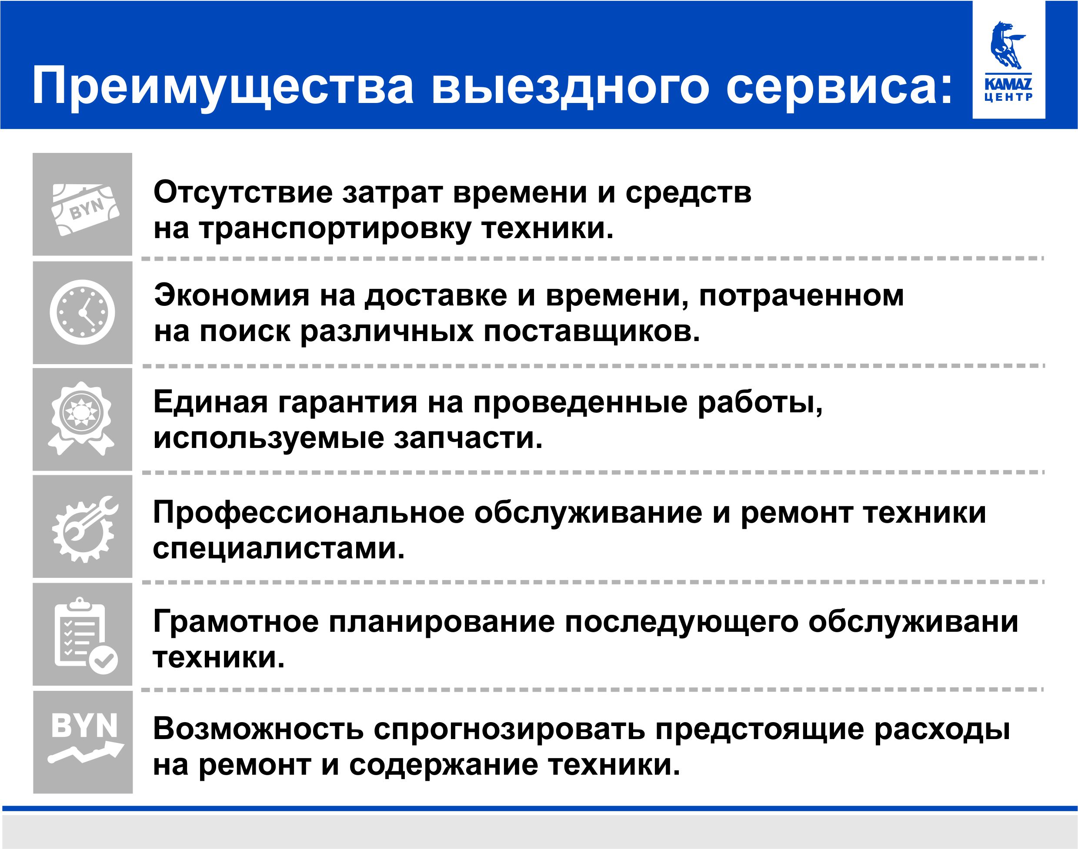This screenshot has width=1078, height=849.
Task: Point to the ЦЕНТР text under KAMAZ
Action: [1008, 97]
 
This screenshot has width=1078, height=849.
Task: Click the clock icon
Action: [83, 312]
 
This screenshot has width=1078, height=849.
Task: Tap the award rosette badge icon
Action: [81, 418]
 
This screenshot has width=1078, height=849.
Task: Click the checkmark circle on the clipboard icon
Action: [104, 660]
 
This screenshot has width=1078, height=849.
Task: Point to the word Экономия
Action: [231, 295]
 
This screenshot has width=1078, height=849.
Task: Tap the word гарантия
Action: [347, 402]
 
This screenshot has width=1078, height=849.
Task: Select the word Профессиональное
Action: [308, 513]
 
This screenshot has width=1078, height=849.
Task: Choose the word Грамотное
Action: [236, 622]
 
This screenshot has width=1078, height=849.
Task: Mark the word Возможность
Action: [258, 729]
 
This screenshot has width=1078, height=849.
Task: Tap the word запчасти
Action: [468, 438]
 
